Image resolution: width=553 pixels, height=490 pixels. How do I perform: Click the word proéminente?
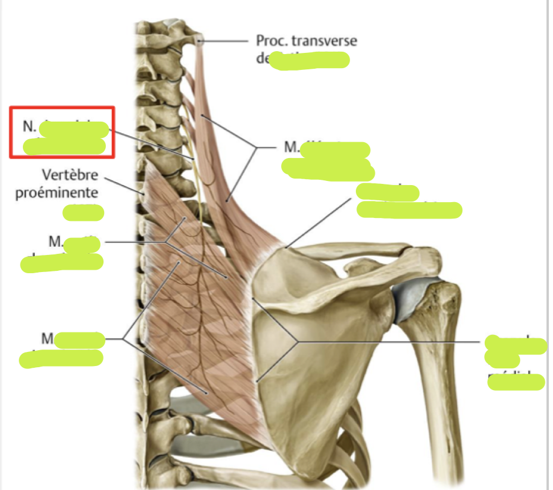pos(56,193)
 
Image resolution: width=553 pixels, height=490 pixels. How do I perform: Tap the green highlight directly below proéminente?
pos(84,212)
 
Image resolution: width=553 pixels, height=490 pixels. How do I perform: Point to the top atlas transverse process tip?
pos(201,41)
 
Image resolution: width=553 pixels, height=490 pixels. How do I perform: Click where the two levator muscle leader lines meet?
pos(256,147)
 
